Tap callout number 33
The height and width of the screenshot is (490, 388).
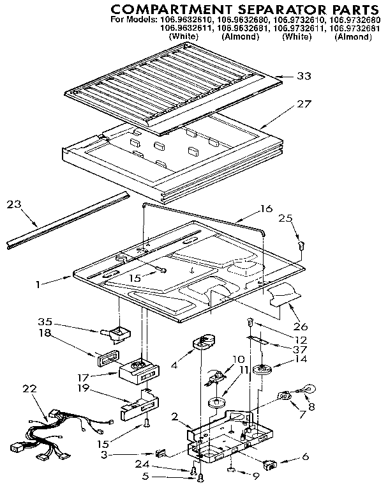coord(305,76)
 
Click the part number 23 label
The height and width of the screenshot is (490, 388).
coord(15,204)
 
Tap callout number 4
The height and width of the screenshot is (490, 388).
coord(174,367)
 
